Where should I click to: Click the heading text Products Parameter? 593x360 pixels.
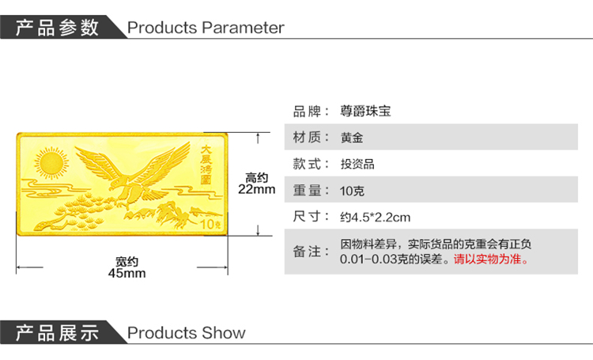pyautogui.click(x=206, y=28)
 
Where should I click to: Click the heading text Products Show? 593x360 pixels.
pyautogui.click(x=187, y=333)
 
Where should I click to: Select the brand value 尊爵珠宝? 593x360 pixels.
pyautogui.click(x=366, y=112)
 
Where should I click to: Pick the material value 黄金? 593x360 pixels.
pyautogui.click(x=353, y=138)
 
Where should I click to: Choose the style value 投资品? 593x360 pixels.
pyautogui.click(x=357, y=164)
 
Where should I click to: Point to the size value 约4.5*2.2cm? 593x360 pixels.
pyautogui.click(x=375, y=217)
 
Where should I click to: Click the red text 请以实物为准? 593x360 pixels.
pyautogui.click(x=491, y=259)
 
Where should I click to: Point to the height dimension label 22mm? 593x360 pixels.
pyautogui.click(x=257, y=189)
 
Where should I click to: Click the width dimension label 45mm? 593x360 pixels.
pyautogui.click(x=127, y=273)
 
